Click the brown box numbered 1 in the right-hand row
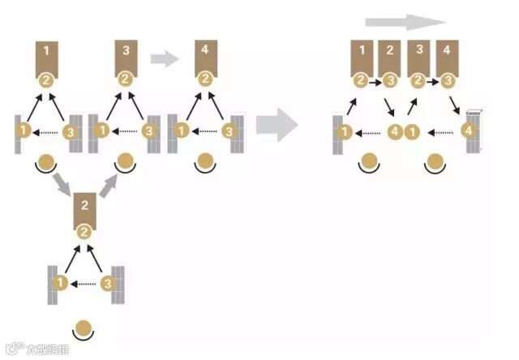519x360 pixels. (x=362, y=56)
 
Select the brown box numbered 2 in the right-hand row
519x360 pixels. (x=390, y=56)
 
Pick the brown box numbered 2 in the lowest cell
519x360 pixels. (x=84, y=208)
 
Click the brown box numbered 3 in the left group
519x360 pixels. (x=125, y=56)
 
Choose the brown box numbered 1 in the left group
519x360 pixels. (x=46, y=56)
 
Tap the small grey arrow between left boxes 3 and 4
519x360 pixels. (x=165, y=58)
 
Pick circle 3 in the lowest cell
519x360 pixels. (x=107, y=283)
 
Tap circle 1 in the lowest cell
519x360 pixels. (x=60, y=283)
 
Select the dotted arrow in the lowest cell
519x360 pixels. (x=84, y=284)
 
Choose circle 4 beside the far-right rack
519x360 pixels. (x=467, y=131)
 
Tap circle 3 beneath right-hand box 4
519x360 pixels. (x=448, y=79)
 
